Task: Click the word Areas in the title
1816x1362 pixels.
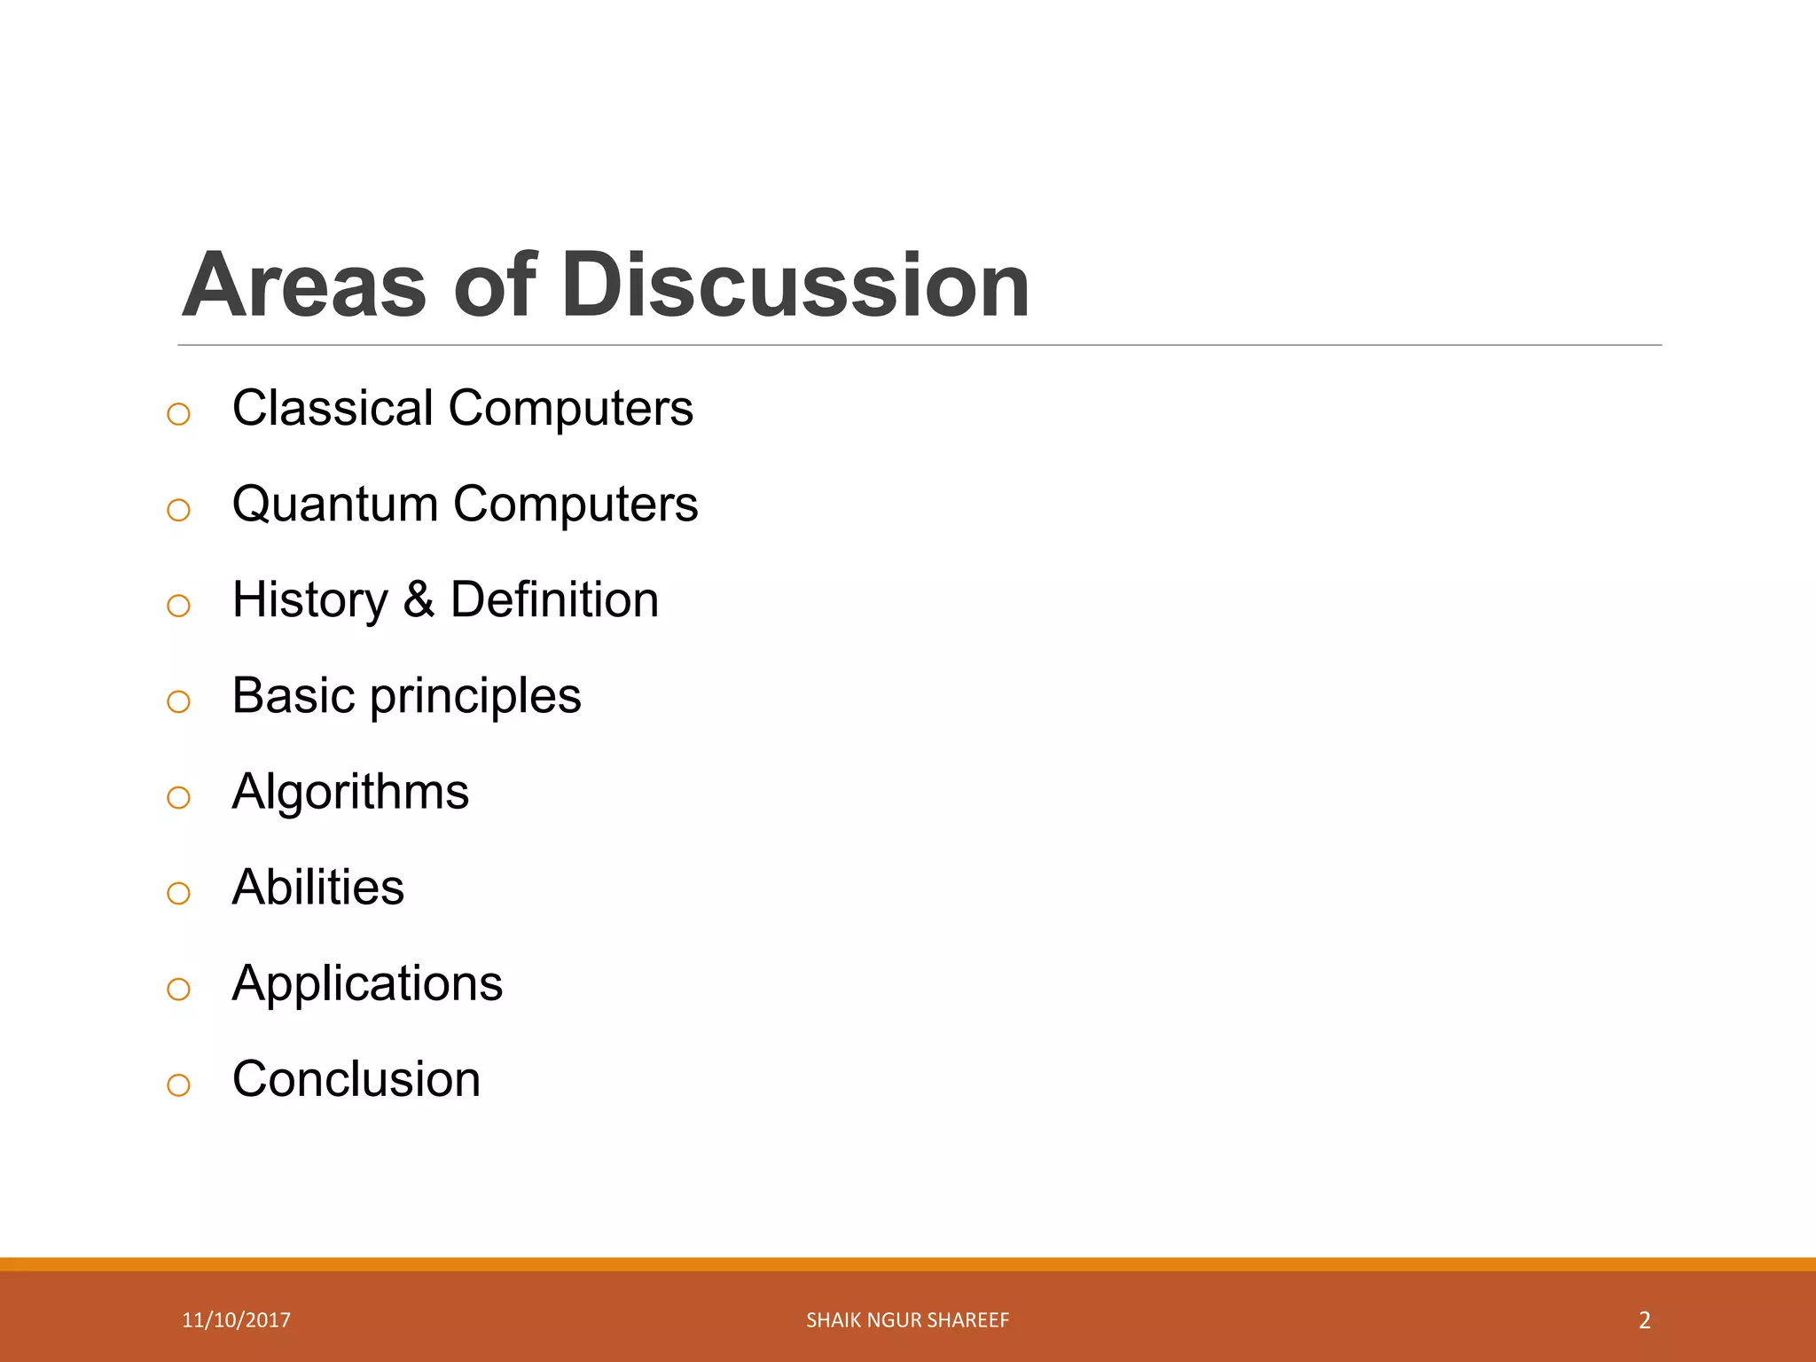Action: pos(304,286)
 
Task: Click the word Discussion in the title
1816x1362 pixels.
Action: pos(795,286)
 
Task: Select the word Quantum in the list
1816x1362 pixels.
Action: pos(335,505)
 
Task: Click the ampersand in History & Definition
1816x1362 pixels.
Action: pos(419,600)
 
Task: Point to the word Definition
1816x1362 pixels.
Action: pos(554,600)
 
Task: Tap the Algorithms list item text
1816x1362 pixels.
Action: pos(350,793)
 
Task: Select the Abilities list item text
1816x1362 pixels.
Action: pos(317,888)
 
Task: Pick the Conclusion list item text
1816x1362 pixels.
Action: pos(356,1080)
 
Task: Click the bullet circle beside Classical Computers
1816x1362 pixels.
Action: pos(178,414)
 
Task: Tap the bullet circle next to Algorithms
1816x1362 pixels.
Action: pos(178,797)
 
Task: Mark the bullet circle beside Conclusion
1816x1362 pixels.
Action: pos(178,1084)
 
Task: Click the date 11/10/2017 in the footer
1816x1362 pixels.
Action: pos(236,1320)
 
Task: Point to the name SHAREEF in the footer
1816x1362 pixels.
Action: pos(975,1320)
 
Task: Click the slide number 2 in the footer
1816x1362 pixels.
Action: pos(1644,1320)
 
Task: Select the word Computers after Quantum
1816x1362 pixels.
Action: pos(575,505)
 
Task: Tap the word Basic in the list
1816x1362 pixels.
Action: pos(294,696)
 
